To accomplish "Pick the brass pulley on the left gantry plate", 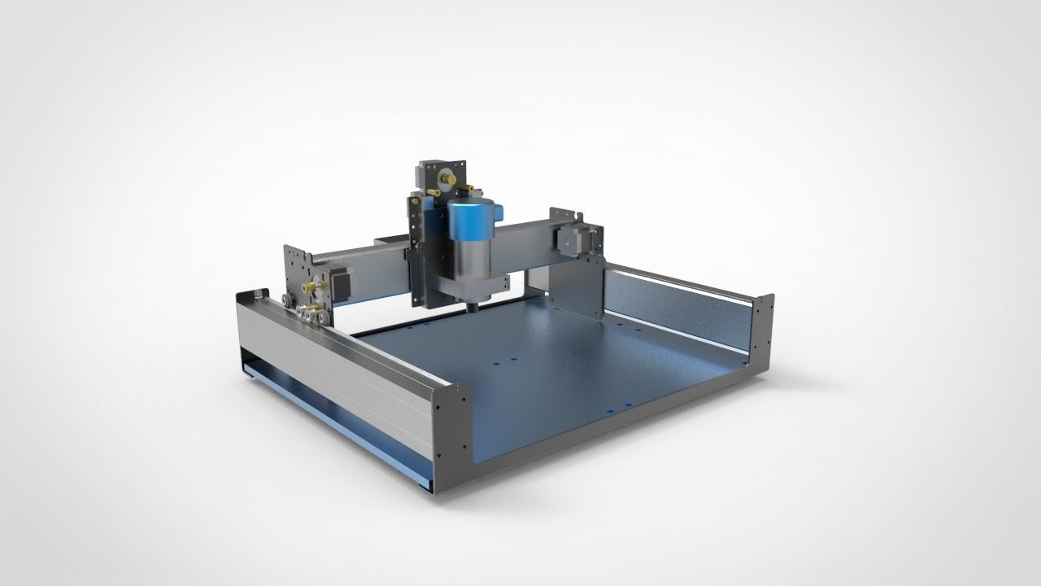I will [309, 287].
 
